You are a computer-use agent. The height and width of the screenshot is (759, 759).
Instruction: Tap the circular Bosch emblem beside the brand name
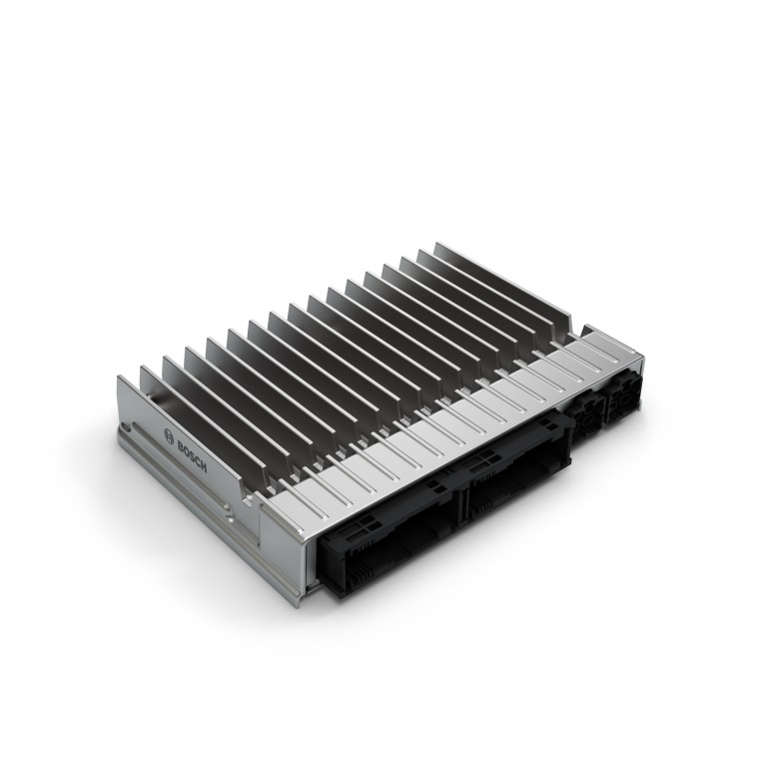tap(166, 431)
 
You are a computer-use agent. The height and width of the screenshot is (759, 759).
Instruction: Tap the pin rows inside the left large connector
tap(384, 559)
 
